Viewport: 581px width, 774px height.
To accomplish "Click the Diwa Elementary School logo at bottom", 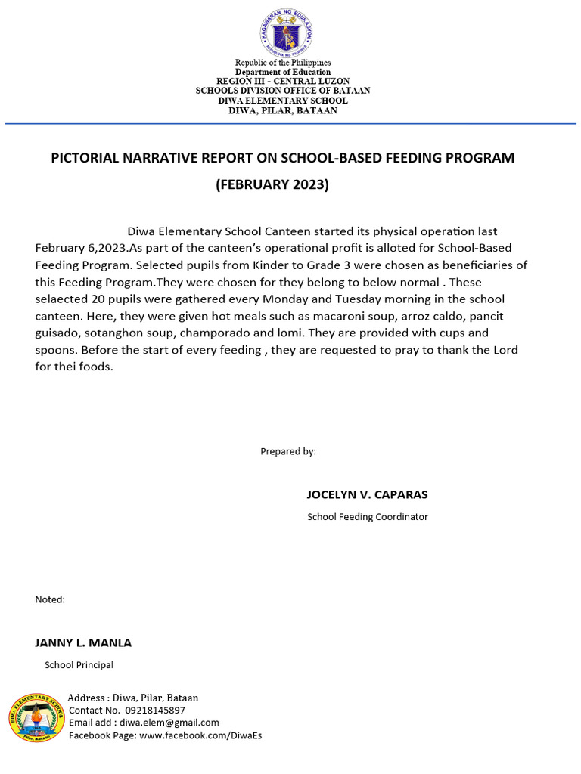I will pyautogui.click(x=37, y=717).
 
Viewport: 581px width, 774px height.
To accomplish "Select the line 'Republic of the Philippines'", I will pyautogui.click(x=282, y=63).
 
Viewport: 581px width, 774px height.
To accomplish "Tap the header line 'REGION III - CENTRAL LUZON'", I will pyautogui.click(x=283, y=81).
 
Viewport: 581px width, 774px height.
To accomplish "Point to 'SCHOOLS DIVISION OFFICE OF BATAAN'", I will pyautogui.click(x=283, y=91).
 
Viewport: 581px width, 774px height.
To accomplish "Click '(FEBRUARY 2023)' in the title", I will pyautogui.click(x=272, y=184).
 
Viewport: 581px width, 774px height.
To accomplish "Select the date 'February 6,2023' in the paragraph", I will pyautogui.click(x=81, y=248).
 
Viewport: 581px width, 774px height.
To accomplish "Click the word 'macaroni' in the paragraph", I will pyautogui.click(x=316, y=316).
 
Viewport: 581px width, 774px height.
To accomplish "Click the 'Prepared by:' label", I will pyautogui.click(x=288, y=451).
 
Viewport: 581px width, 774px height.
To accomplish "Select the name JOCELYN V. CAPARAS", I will pyautogui.click(x=367, y=494).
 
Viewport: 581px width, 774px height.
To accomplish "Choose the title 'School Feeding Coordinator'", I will pyautogui.click(x=367, y=517).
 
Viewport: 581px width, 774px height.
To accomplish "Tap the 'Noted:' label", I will pyautogui.click(x=50, y=599).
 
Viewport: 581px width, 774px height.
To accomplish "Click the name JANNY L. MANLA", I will pyautogui.click(x=83, y=642).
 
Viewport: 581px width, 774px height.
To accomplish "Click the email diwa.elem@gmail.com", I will pyautogui.click(x=169, y=723).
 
